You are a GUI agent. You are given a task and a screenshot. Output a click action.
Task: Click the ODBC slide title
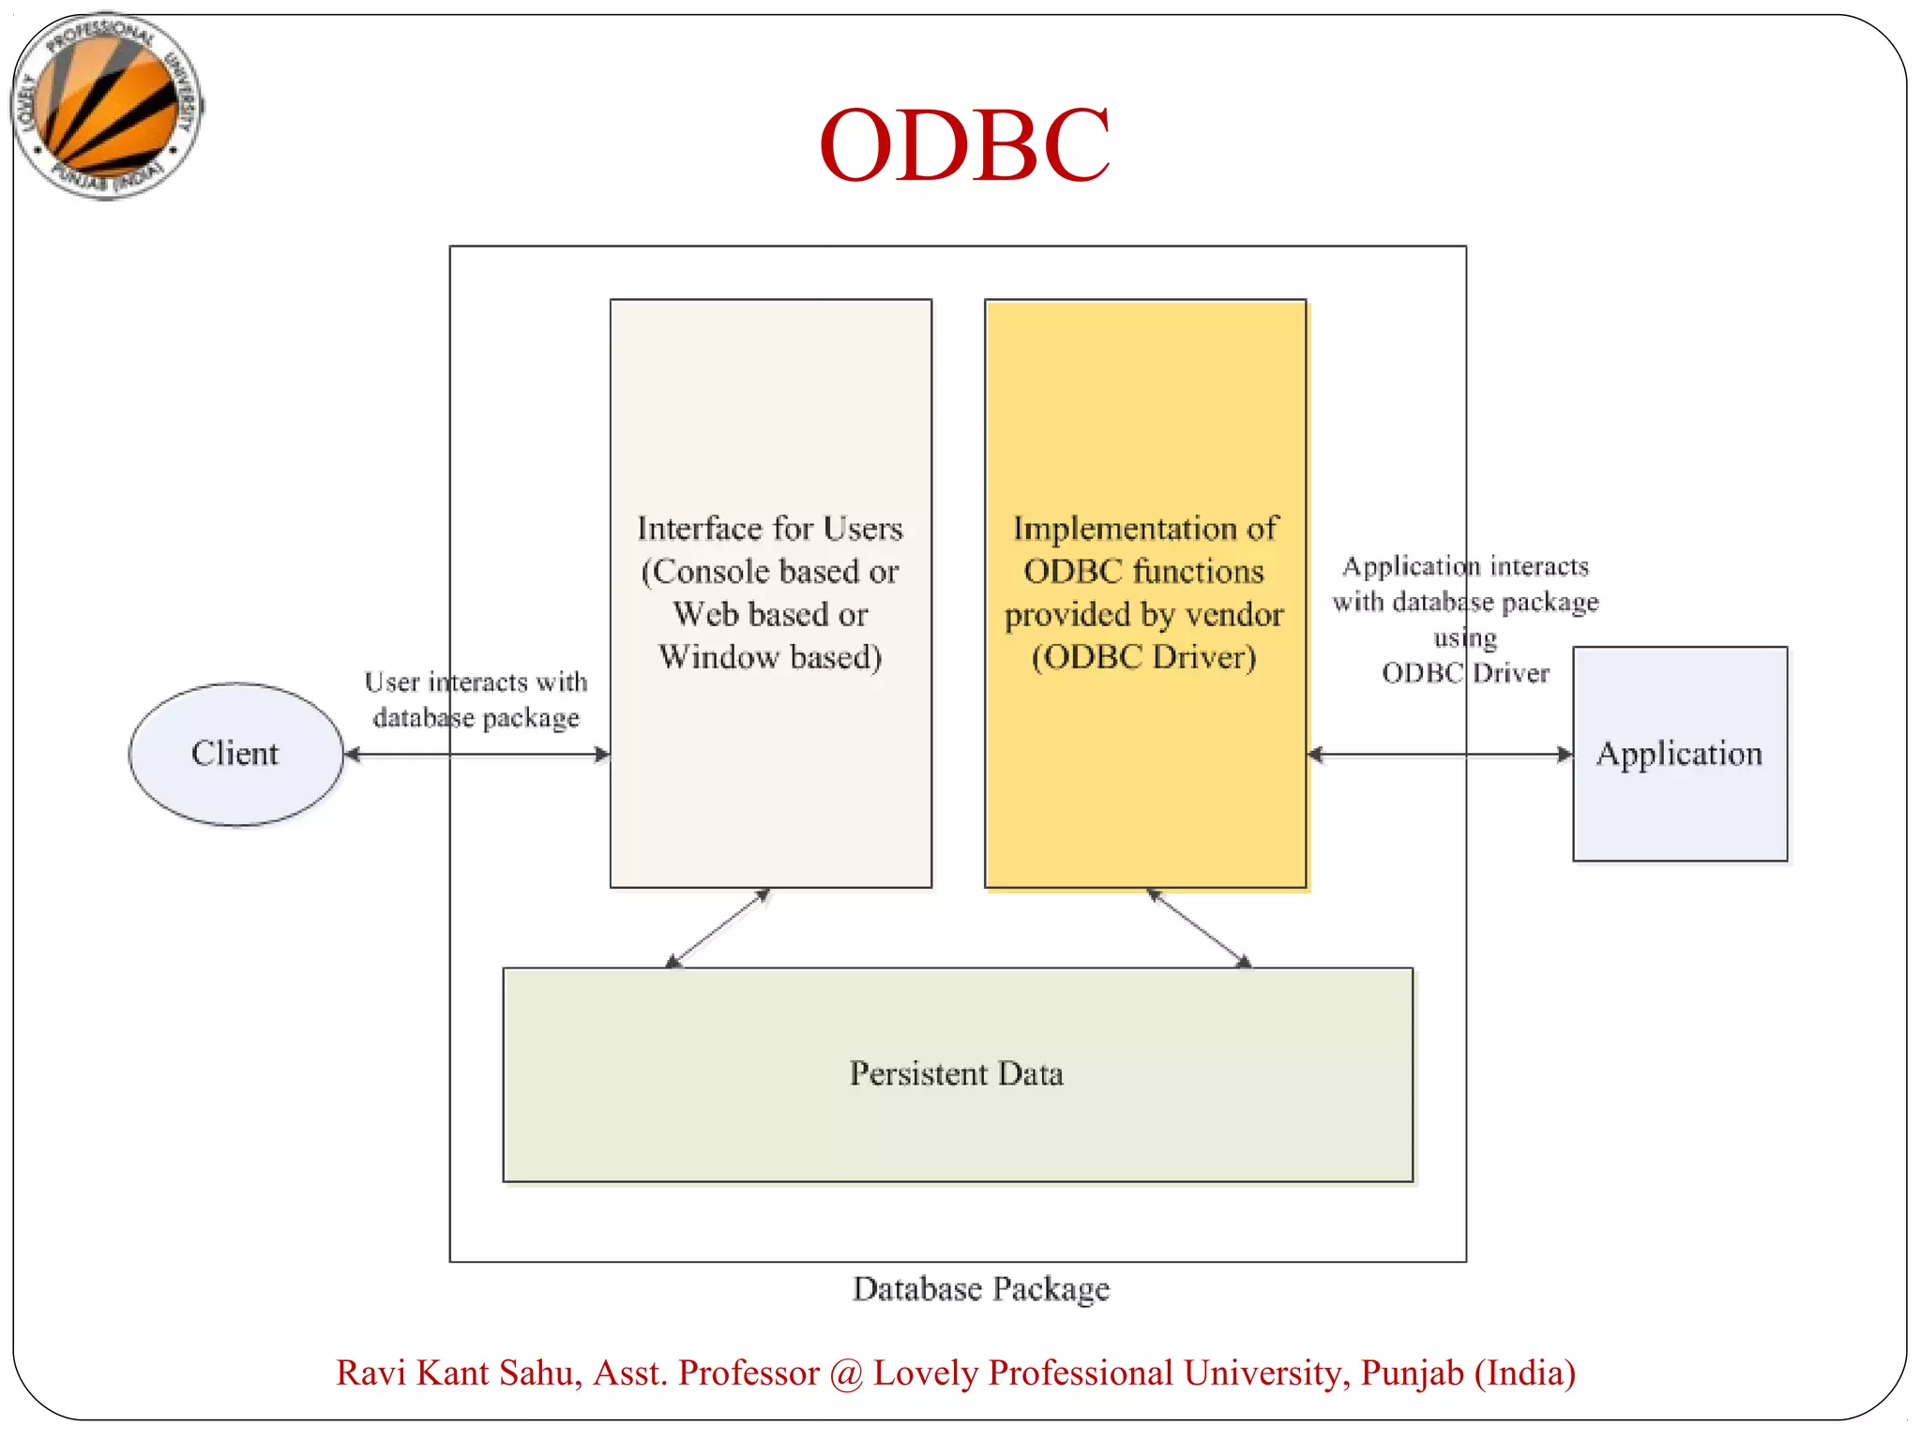[x=964, y=145]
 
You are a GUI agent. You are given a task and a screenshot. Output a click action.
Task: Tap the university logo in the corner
[x=107, y=106]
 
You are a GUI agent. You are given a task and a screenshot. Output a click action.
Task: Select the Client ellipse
[x=235, y=754]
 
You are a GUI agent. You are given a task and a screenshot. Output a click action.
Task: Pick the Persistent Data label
[x=957, y=1073]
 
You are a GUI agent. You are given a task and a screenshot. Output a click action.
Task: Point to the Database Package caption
[x=981, y=1288]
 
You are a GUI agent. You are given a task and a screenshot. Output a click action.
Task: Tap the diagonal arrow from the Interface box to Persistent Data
[x=718, y=928]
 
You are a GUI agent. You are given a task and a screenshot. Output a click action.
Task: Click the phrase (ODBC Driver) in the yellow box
[x=1143, y=656]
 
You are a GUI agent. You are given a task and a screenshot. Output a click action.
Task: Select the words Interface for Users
[x=770, y=529]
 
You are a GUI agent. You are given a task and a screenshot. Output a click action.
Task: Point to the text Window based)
[x=770, y=656]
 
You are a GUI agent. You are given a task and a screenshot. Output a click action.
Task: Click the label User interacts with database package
[x=476, y=699]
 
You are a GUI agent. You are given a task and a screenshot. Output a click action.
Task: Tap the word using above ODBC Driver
[x=1465, y=637]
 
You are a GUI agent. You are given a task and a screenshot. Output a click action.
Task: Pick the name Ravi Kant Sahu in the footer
[x=459, y=1372]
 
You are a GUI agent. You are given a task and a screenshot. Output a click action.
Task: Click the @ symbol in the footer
[x=846, y=1373]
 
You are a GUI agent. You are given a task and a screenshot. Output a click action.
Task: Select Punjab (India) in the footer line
[x=1468, y=1372]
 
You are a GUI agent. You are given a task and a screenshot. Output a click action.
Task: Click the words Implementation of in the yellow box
[x=1144, y=529]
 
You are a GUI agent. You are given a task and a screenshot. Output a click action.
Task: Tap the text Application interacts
[x=1465, y=566]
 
